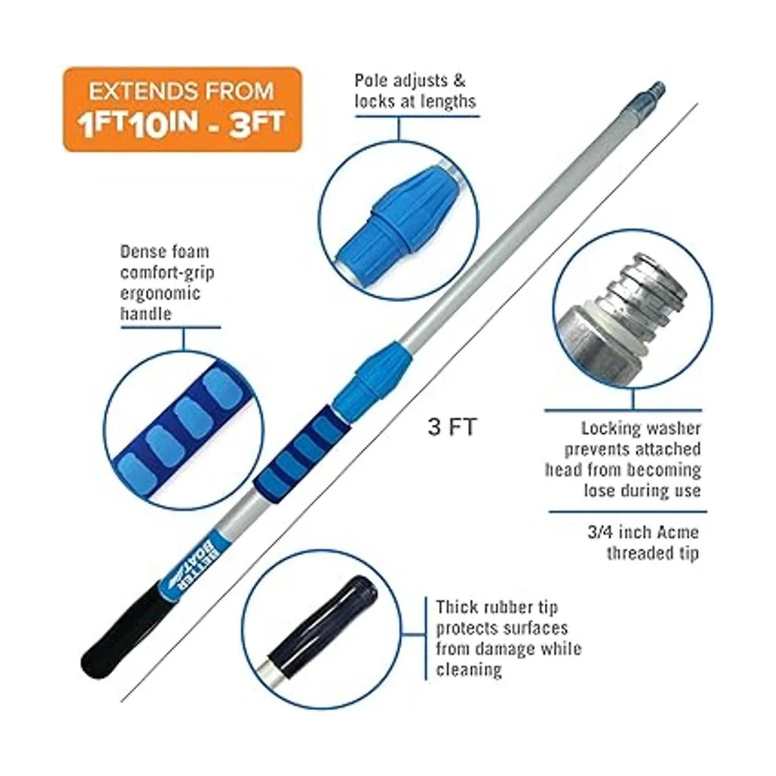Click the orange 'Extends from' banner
tap(182, 109)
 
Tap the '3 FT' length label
tap(452, 427)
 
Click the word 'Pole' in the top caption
tap(371, 81)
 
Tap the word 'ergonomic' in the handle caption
tap(160, 294)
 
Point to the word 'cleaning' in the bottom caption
tap(469, 670)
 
